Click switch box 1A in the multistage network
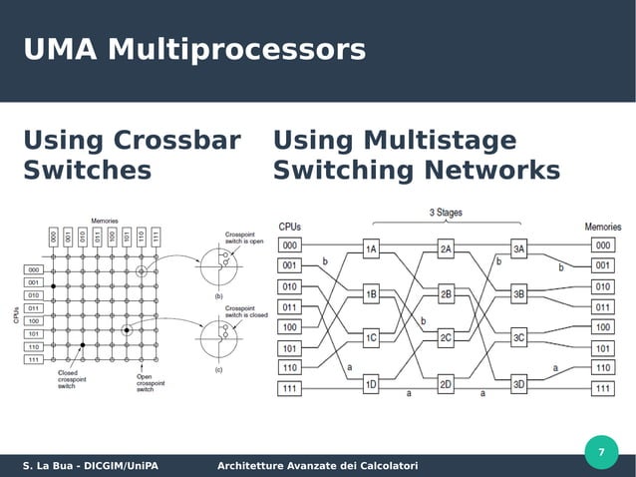click(371, 248)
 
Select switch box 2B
click(446, 294)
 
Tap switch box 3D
click(519, 383)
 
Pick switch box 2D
click(446, 383)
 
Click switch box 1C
click(371, 338)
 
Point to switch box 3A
click(519, 248)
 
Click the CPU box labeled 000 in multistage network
click(290, 244)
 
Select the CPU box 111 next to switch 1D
click(290, 388)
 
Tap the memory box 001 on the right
click(603, 265)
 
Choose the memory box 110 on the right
click(603, 367)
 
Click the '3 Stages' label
click(445, 213)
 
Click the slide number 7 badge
click(600, 454)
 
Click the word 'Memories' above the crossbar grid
click(105, 221)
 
